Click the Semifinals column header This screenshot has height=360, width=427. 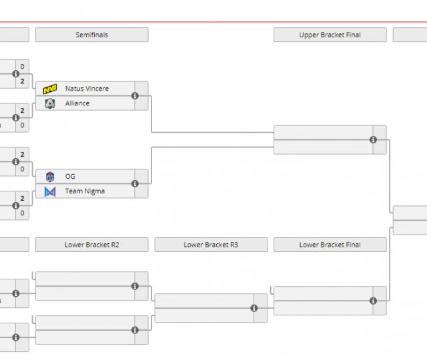[x=91, y=35]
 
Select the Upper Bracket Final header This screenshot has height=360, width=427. [x=330, y=35]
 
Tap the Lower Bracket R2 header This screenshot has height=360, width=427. [x=91, y=245]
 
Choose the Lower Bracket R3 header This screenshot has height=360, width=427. [x=211, y=245]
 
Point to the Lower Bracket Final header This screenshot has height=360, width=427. [x=330, y=245]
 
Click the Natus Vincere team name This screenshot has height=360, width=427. [x=87, y=89]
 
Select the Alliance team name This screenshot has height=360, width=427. [x=77, y=103]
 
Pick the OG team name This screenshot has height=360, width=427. [x=70, y=177]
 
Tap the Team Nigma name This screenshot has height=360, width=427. [x=85, y=191]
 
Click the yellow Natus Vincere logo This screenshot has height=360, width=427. [x=50, y=89]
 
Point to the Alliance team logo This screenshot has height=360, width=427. [x=50, y=103]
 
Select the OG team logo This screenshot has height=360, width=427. [x=50, y=177]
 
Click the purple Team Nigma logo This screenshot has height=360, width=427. [x=50, y=191]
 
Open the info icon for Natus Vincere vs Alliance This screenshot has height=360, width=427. [x=135, y=96]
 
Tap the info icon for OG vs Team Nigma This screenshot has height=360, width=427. [x=135, y=184]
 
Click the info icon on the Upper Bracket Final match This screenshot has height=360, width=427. [x=373, y=140]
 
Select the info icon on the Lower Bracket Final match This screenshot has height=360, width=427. [x=373, y=301]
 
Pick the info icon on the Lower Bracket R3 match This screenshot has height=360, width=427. [x=254, y=308]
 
